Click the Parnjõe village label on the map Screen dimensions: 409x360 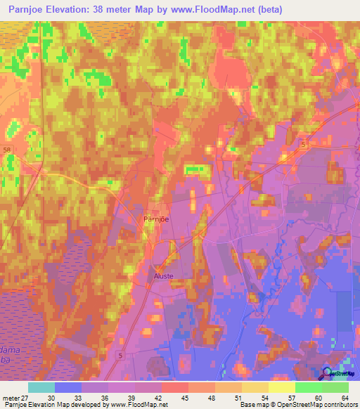point(154,219)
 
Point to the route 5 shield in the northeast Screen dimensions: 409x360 point(303,143)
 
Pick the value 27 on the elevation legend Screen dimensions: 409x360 point(27,397)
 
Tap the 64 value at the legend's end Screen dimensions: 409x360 point(345,397)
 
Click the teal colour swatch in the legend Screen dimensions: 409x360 point(41,387)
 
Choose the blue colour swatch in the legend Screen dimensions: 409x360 point(68,387)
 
